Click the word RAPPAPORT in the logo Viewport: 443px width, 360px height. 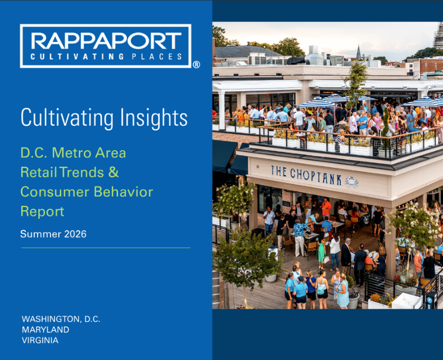(x=106, y=41)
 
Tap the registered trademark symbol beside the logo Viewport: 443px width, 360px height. (x=197, y=65)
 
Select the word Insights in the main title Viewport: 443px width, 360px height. (x=154, y=118)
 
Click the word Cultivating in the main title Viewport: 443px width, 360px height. (x=67, y=117)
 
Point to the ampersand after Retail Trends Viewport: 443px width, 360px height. (x=114, y=172)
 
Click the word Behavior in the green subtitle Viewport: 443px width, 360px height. (x=123, y=192)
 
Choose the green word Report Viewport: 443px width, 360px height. (x=43, y=212)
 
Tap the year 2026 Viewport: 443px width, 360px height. (x=75, y=234)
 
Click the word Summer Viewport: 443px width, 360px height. (x=40, y=234)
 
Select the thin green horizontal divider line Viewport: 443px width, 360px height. (x=106, y=248)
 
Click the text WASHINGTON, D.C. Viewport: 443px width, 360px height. (x=61, y=319)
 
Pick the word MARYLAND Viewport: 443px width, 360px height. (x=45, y=330)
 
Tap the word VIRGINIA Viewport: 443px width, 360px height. (x=40, y=340)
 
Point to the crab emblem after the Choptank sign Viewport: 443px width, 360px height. (x=352, y=182)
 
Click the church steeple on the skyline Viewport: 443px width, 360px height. (x=358, y=52)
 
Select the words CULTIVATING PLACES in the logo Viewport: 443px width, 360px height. (x=106, y=56)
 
